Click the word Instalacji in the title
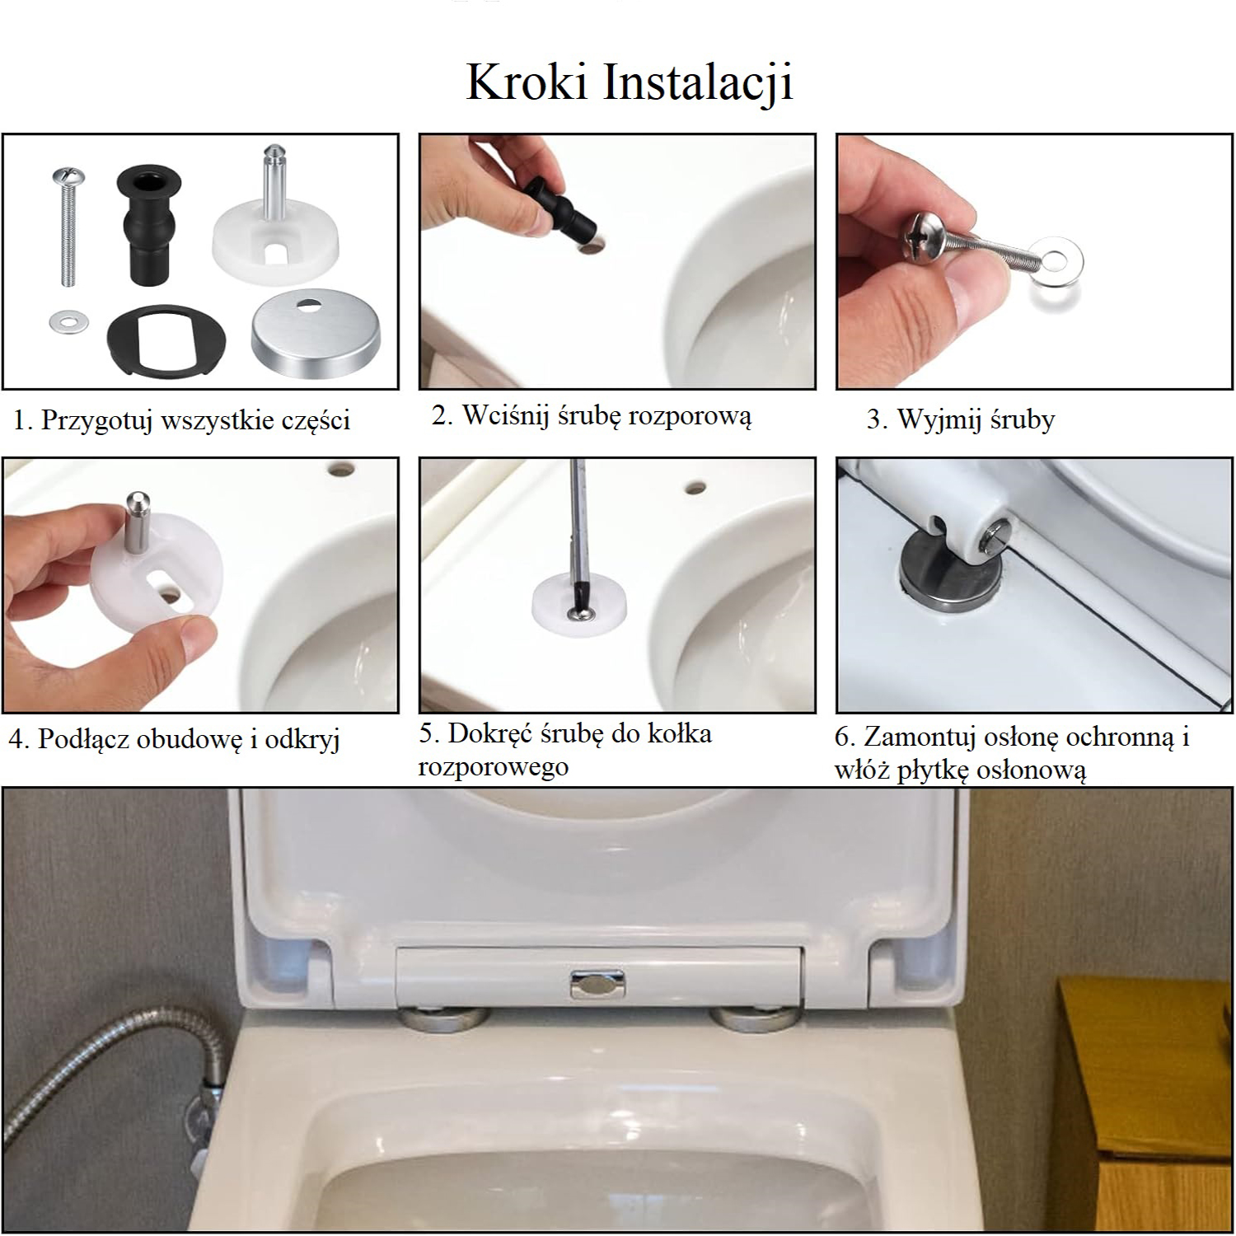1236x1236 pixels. pos(699,82)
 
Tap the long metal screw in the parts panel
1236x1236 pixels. pos(66,227)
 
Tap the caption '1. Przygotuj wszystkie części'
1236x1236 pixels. pos(181,421)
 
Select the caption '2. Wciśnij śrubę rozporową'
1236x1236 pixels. pos(592,416)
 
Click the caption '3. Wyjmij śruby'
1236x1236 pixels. pos(961,420)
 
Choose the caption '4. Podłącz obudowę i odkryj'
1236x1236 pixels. pos(174,739)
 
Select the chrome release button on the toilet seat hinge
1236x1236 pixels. pos(598,983)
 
